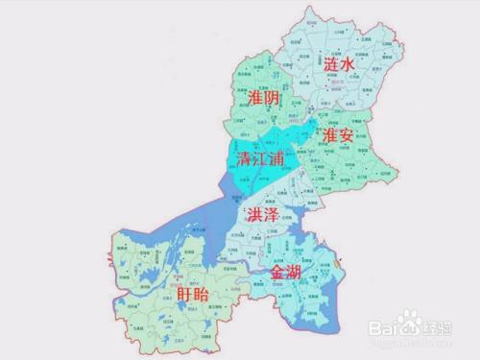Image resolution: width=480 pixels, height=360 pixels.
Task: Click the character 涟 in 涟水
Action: [333, 65]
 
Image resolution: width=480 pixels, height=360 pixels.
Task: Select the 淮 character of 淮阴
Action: [255, 98]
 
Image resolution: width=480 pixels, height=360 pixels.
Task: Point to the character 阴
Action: [274, 98]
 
